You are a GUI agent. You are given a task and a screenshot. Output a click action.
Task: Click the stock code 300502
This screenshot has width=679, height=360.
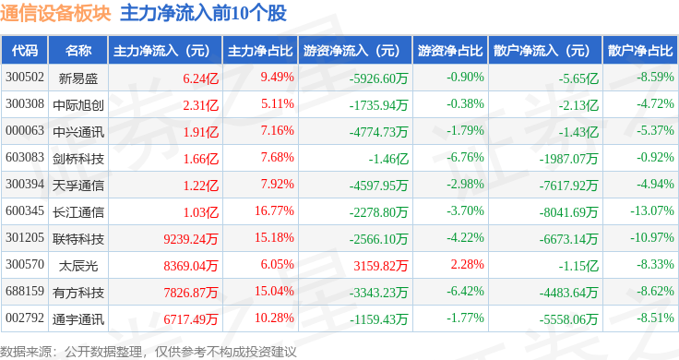25,77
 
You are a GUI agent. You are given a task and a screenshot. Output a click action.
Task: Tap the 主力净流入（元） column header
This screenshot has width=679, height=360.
161,50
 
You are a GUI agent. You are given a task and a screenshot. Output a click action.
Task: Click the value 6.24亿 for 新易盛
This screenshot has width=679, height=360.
200,77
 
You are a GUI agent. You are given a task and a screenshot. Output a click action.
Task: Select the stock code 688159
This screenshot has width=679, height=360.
25,293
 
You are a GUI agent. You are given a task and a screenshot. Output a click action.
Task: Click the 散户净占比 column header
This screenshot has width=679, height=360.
640,50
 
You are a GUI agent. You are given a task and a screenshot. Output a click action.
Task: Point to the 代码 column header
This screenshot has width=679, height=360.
26,50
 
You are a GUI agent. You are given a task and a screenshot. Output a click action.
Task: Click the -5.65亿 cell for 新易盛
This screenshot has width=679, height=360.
578,77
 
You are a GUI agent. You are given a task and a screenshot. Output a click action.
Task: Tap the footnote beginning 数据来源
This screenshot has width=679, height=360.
148,351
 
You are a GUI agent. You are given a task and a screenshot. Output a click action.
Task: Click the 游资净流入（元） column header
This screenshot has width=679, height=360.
351,50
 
